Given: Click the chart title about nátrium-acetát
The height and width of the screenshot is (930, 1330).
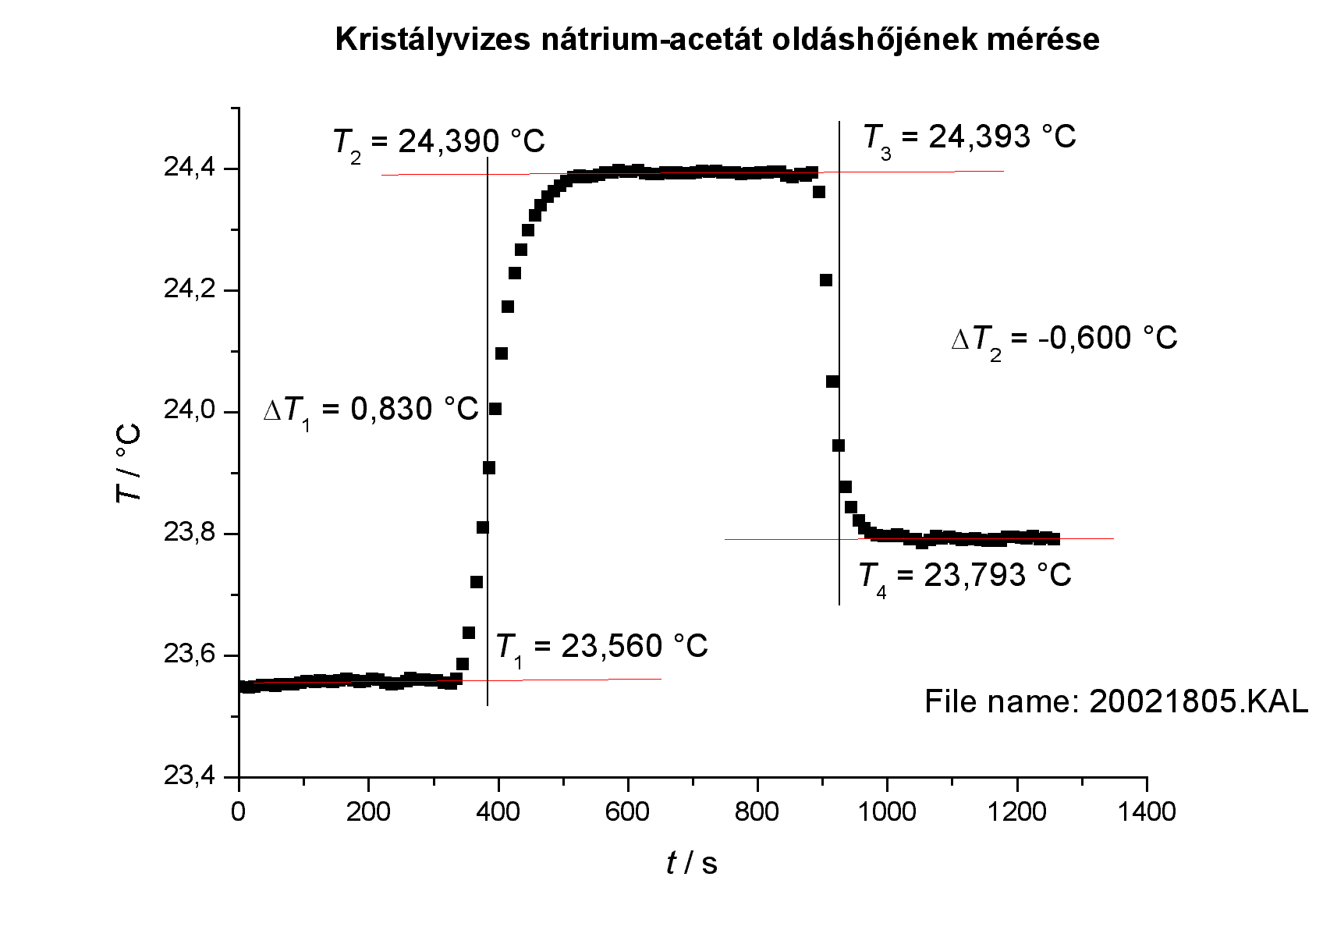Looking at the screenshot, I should pyautogui.click(x=717, y=39).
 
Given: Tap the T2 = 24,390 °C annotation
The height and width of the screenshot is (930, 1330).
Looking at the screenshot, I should pyautogui.click(x=439, y=142).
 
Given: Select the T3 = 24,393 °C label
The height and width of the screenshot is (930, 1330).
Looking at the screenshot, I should pyautogui.click(x=970, y=138).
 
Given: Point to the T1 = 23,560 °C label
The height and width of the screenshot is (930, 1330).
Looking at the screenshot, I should pyautogui.click(x=601, y=647).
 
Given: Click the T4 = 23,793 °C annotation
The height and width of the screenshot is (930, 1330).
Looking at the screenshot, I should pyautogui.click(x=965, y=576).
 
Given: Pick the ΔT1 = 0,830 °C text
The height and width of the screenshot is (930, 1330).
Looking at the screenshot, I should pyautogui.click(x=371, y=410).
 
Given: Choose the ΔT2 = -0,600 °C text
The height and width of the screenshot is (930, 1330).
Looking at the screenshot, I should pyautogui.click(x=1064, y=339).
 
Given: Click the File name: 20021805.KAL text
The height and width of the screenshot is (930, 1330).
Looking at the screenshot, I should pyautogui.click(x=1115, y=701).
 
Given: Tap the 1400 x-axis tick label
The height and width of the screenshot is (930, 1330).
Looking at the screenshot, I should pyautogui.click(x=1145, y=812).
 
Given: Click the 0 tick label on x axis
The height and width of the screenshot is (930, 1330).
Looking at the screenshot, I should pyautogui.click(x=239, y=812).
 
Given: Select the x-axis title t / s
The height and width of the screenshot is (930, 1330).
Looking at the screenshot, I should pyautogui.click(x=692, y=863).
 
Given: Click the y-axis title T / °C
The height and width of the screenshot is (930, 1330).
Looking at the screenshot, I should pyautogui.click(x=129, y=463).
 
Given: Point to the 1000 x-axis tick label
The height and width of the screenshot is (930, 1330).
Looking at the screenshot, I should pyautogui.click(x=886, y=812).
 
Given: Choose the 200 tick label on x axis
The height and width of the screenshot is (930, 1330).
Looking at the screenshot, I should pyautogui.click(x=368, y=812).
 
